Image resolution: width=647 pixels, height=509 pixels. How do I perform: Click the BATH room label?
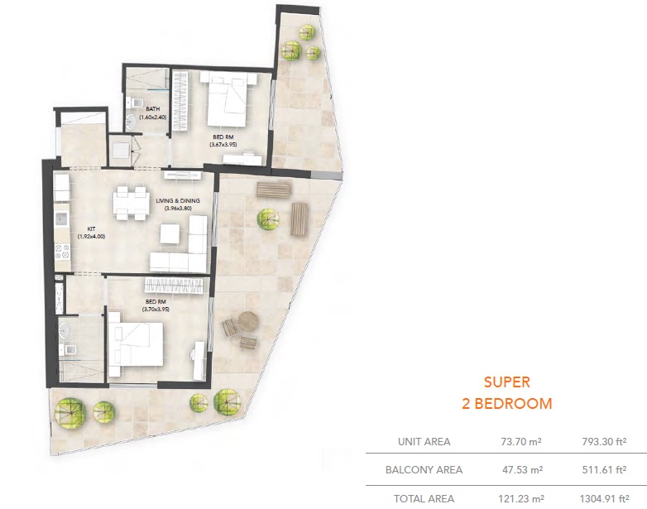pyautogui.click(x=152, y=109)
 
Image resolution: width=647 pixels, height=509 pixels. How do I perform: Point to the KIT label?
pyautogui.click(x=93, y=229)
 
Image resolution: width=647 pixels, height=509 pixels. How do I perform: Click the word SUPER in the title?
pyautogui.click(x=506, y=382)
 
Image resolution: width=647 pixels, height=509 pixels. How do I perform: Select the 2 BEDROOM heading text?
pyautogui.click(x=506, y=404)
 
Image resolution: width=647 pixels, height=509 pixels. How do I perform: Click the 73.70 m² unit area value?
pyautogui.click(x=520, y=442)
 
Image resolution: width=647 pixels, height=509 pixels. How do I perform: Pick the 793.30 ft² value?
pyautogui.click(x=601, y=442)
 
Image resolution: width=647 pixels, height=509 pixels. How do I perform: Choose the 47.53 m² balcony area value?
pyautogui.click(x=520, y=470)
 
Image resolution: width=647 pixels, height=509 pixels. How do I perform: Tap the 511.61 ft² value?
pyautogui.click(x=601, y=470)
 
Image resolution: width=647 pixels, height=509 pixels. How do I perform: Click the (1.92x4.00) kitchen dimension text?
pyautogui.click(x=93, y=238)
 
